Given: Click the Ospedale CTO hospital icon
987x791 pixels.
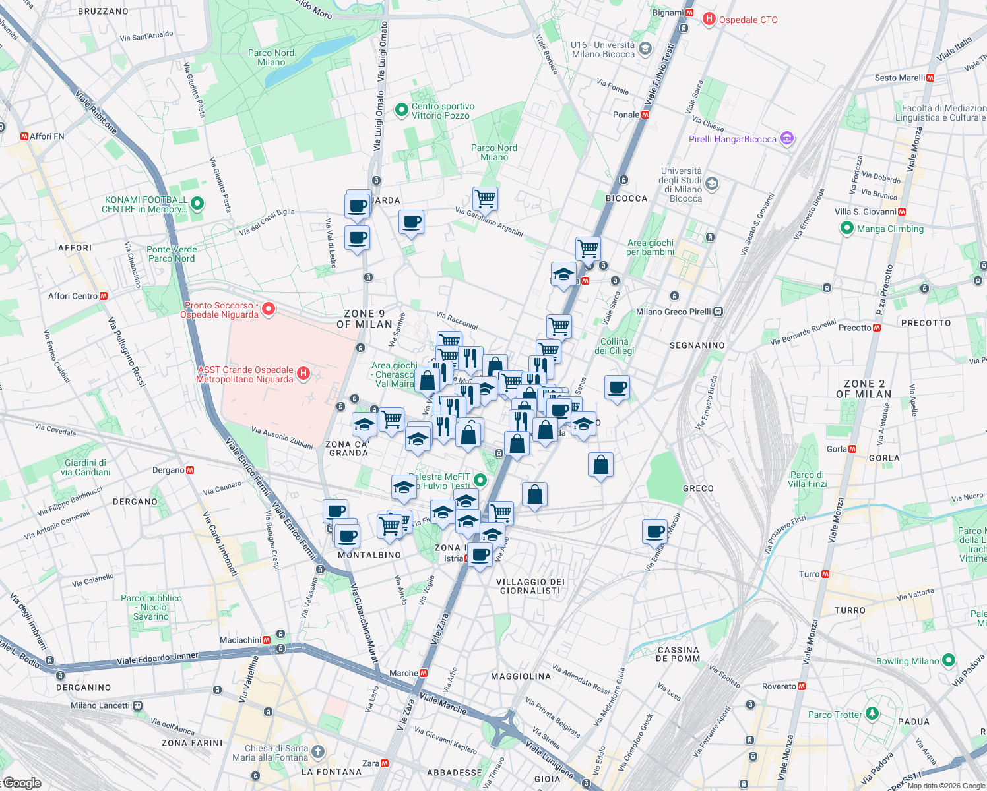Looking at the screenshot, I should pos(709,19).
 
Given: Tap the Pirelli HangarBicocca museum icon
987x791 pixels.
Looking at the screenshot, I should pos(786,139).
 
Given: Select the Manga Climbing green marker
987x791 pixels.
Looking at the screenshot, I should pos(847,229).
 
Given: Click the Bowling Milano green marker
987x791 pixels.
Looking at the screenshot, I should pos(949,660).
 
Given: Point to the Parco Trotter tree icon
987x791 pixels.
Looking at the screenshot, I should pos(872,714).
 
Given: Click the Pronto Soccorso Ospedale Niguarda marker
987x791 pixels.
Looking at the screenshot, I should pos(268,309).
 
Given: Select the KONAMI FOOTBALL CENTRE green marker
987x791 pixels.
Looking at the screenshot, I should pos(197,204).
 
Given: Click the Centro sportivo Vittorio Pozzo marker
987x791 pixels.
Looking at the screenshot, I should pos(401,110).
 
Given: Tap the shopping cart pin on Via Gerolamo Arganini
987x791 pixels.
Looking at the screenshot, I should pos(485,198).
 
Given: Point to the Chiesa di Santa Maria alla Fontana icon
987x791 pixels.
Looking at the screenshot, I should pos(318,752).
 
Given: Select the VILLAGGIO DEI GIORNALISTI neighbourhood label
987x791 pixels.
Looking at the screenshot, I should pos(530,586).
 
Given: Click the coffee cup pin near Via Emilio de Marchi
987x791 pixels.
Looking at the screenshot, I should pos(655,531).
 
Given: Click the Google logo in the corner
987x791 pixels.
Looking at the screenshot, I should pos(22,783).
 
